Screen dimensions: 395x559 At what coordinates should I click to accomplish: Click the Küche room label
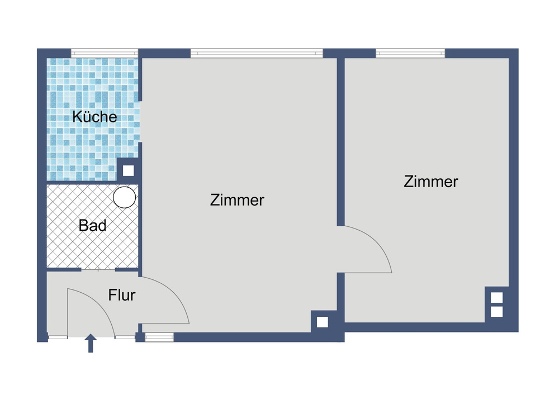coord(95,117)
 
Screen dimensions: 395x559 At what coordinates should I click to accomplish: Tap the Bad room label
coord(93,226)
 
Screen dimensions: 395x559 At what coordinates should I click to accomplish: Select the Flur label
coord(122,294)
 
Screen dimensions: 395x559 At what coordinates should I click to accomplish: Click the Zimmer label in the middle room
coord(237,200)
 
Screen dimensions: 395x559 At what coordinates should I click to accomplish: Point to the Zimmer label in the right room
coord(431,182)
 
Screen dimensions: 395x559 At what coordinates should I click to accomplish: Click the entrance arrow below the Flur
coord(91,343)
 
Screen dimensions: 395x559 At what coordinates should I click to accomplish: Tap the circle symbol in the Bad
coord(124,197)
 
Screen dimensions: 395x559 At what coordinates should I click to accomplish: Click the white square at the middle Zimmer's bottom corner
coord(322,322)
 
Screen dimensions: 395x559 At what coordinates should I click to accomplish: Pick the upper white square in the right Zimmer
coord(496,298)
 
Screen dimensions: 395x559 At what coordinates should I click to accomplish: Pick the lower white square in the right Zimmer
coord(496,311)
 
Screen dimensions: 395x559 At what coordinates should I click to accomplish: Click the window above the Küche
coord(105,53)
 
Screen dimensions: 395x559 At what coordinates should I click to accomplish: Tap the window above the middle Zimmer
coord(257,53)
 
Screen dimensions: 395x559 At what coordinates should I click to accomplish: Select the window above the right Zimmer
coord(410,53)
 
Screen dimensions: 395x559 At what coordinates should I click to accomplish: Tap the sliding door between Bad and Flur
coord(98,269)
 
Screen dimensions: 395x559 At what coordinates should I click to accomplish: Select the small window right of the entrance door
coord(159,337)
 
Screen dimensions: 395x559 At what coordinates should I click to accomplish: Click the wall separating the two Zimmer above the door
coord(340,140)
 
